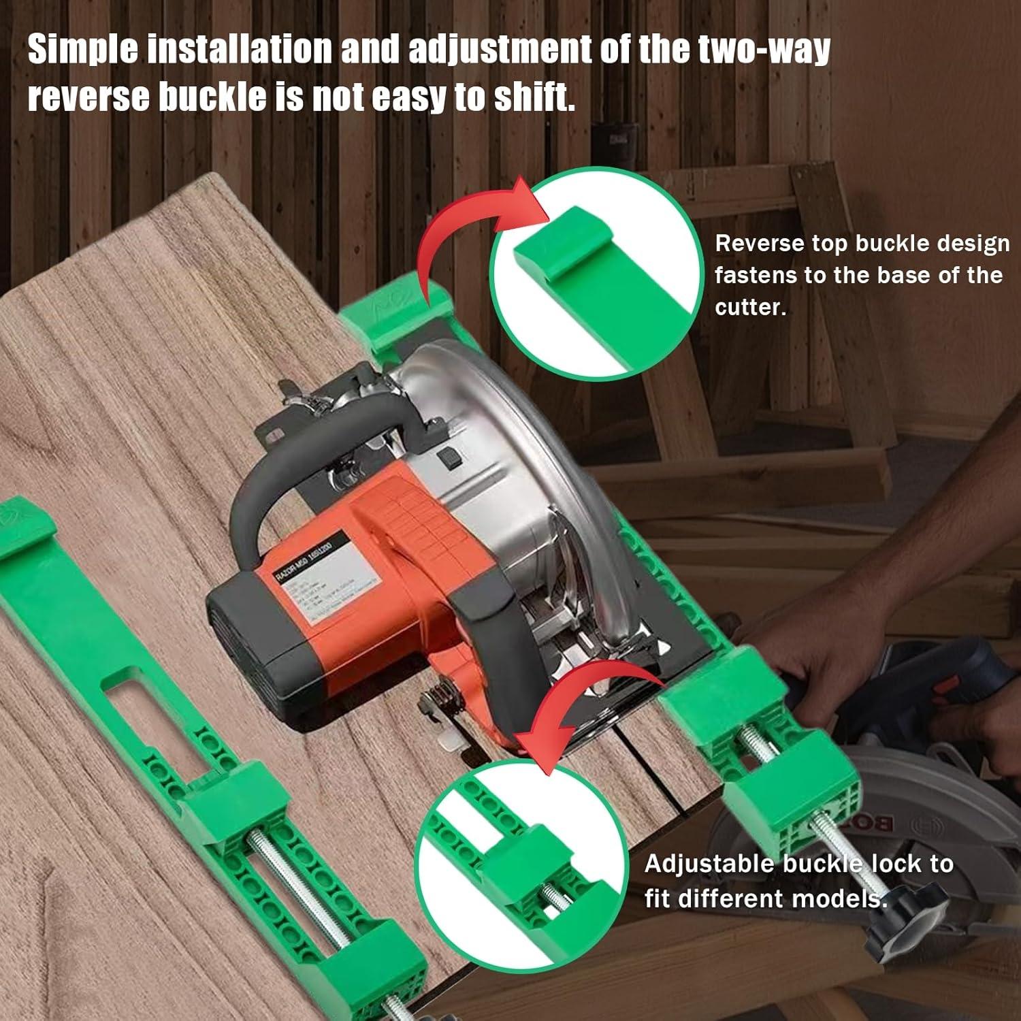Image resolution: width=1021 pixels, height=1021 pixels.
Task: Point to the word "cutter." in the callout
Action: pos(750,307)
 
